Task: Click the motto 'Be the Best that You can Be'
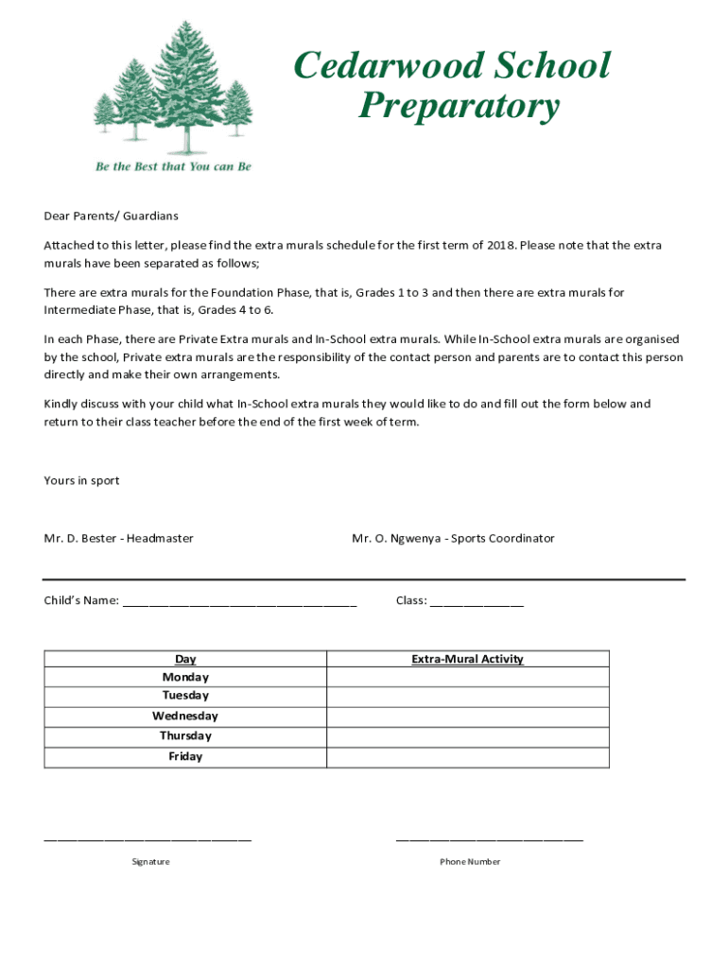tap(173, 166)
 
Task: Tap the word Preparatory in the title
tap(459, 106)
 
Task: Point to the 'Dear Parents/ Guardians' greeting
tap(111, 216)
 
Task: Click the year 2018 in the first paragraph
tap(501, 246)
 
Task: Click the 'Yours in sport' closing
tap(81, 480)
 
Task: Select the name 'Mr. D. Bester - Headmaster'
tap(118, 539)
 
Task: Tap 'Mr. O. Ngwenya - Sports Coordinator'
tap(453, 539)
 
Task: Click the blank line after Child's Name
tap(239, 601)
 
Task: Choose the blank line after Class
tap(477, 601)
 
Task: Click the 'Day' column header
tap(185, 659)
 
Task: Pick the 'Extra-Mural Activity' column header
tap(467, 659)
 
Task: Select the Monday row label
tap(185, 677)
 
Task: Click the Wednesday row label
tap(185, 717)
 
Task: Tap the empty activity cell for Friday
tap(467, 757)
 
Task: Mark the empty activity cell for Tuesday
tap(467, 697)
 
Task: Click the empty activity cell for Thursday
tap(467, 736)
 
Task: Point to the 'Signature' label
tap(150, 862)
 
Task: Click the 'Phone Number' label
tap(470, 862)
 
